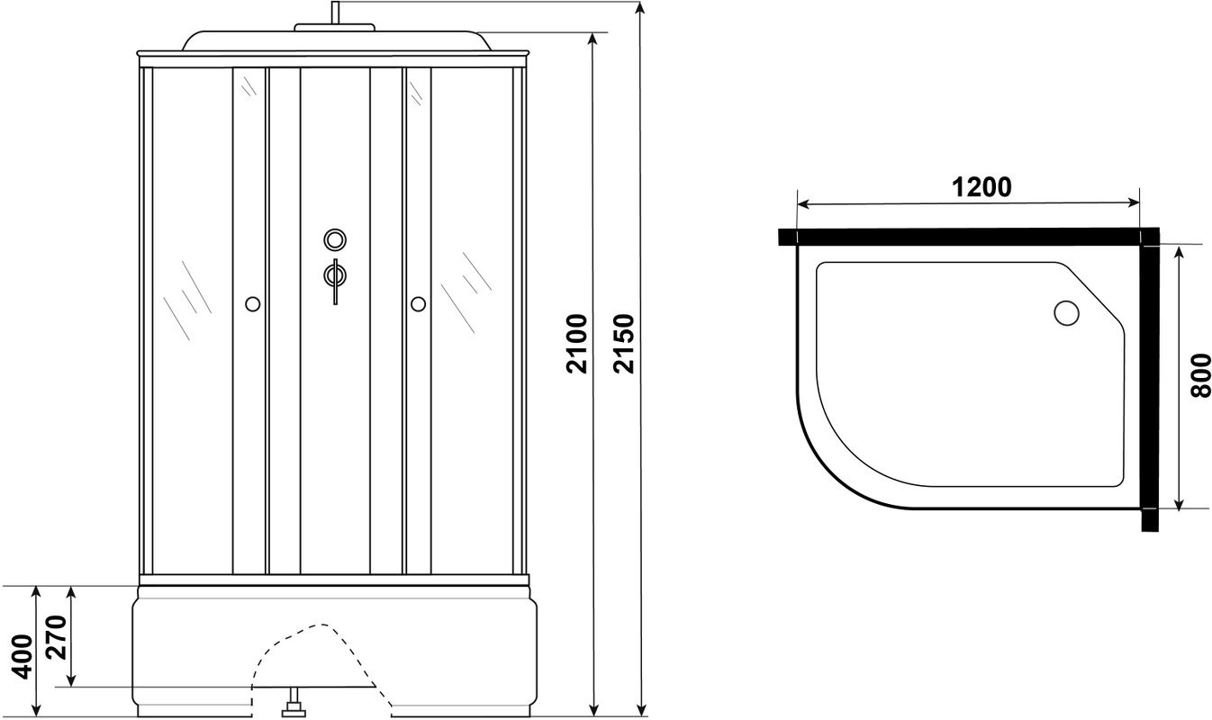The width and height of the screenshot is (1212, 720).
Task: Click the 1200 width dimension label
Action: pos(981,187)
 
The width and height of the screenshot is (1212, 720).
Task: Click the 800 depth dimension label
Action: pos(1201,375)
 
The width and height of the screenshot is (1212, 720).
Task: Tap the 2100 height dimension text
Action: pos(577,344)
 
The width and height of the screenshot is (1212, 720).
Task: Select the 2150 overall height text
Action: pos(623,344)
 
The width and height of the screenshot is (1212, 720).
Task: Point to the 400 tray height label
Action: pos(23,657)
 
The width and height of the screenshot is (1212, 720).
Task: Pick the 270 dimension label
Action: pos(56,638)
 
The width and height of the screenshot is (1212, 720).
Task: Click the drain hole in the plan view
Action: pos(1066,312)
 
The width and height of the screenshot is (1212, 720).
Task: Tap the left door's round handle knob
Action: pos(253,304)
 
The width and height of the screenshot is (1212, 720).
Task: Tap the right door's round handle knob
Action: pos(418,304)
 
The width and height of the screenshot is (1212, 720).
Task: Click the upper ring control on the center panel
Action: pos(335,239)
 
